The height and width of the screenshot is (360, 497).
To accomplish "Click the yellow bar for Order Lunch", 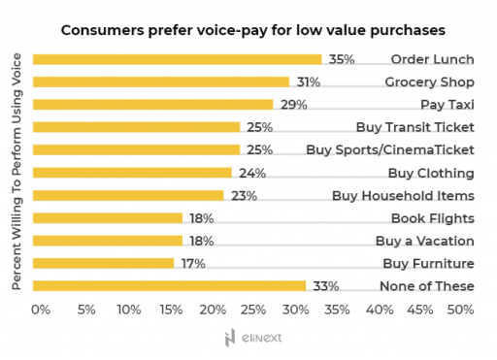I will [177, 59].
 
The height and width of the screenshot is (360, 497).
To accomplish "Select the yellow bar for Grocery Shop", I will [160, 82].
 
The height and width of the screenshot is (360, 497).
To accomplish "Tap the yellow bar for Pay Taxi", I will [152, 105].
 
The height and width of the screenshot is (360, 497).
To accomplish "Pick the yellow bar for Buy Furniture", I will [103, 263].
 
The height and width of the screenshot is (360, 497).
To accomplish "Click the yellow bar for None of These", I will [169, 285].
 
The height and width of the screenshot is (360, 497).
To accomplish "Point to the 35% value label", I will [341, 59].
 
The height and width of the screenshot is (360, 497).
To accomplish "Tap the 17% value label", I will [192, 263].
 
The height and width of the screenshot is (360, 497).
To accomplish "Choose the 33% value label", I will [324, 285].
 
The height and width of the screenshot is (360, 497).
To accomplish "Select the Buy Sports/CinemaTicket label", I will [389, 149].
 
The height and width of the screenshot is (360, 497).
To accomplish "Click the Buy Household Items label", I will [403, 195].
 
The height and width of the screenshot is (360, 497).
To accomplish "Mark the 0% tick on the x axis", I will [40, 310].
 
